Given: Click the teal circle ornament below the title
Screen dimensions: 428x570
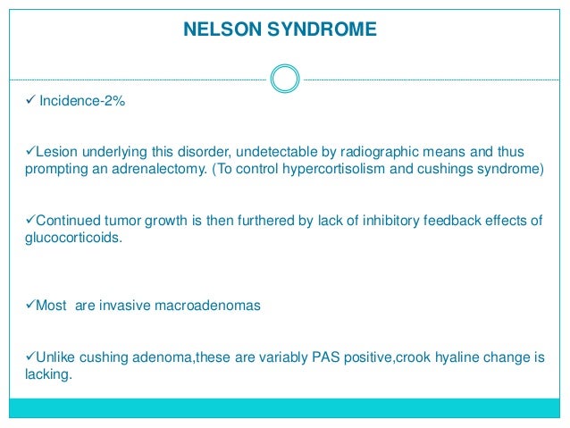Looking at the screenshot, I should pyautogui.click(x=284, y=79).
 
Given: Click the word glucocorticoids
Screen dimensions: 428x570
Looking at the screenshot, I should pyautogui.click(x=67, y=239).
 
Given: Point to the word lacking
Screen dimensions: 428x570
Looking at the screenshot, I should pyautogui.click(x=43, y=377).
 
